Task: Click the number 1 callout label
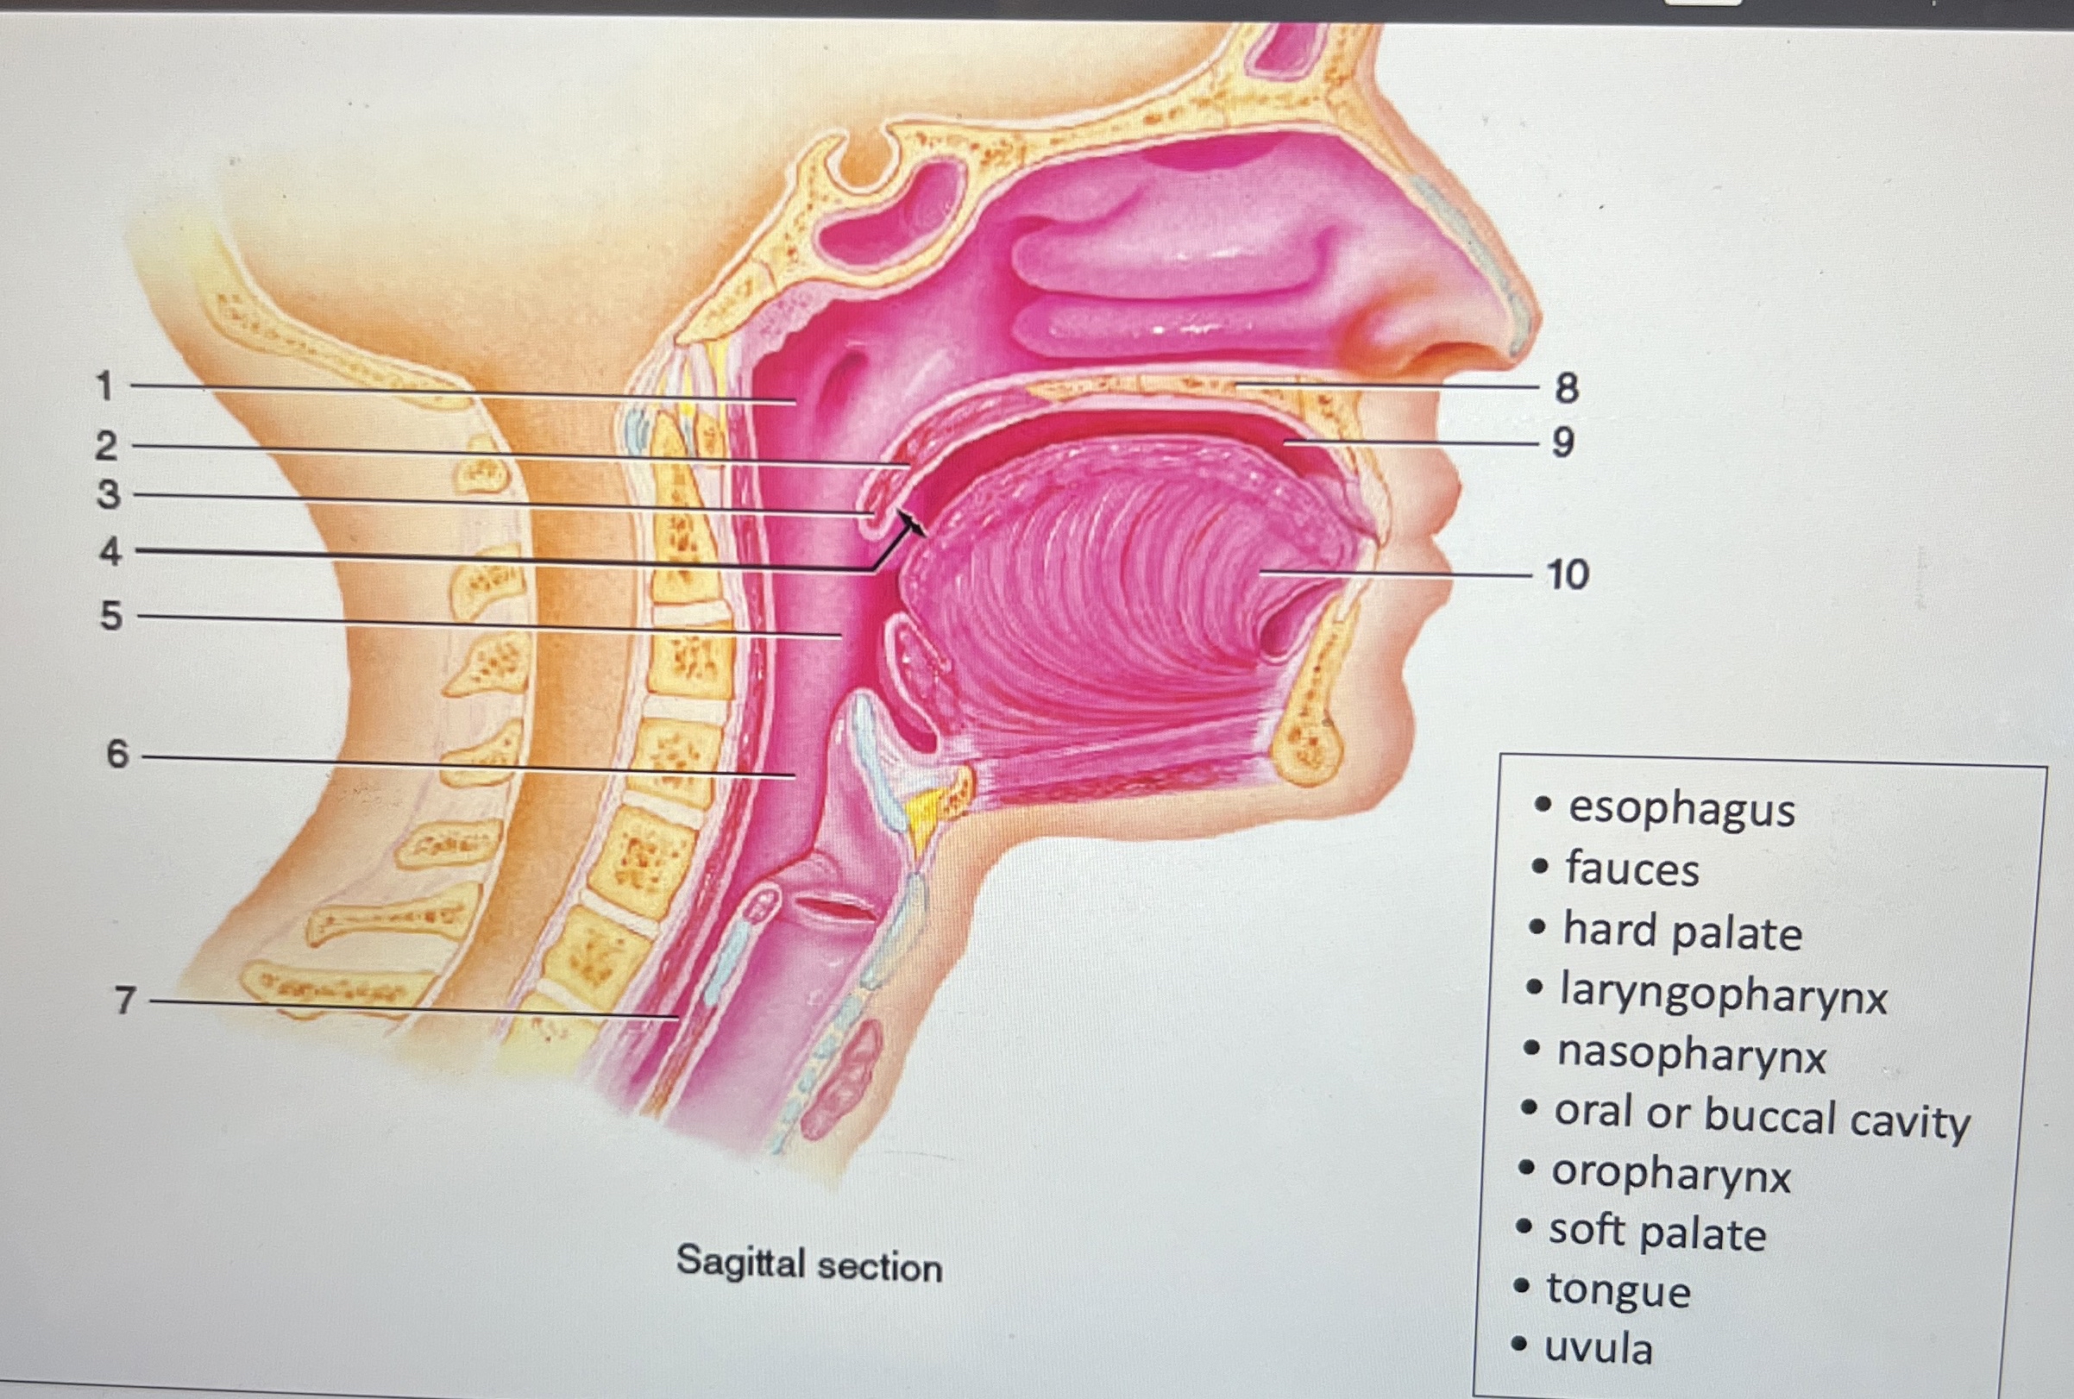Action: pos(105,386)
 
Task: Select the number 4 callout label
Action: pos(110,551)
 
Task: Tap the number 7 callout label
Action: pos(125,1001)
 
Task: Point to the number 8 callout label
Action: pos(1566,388)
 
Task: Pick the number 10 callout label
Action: pos(1568,574)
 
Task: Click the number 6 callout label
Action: pos(118,755)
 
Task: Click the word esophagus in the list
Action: pos(1681,809)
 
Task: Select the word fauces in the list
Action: pos(1632,869)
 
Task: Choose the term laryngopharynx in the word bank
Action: pos(1723,993)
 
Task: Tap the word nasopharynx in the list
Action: pos(1691,1055)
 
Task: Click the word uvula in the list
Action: pos(1599,1348)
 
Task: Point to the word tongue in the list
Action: pos(1618,1290)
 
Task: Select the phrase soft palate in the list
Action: pos(1657,1233)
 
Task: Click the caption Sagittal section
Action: pos(808,1264)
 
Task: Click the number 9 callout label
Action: pos(1562,442)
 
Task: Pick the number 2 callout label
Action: pos(106,446)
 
